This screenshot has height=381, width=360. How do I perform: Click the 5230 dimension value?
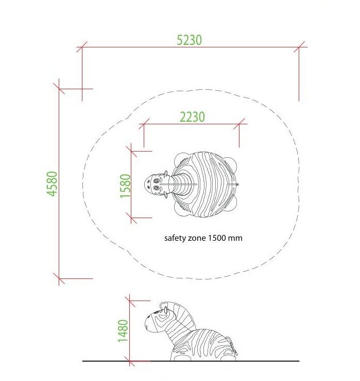coord(189,40)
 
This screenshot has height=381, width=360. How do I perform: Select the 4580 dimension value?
coord(52,184)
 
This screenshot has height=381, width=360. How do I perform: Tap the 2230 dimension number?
coord(192,117)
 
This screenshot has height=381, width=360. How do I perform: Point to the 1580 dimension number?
coord(125,186)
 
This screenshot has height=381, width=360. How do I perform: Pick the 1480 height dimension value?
coord(123,330)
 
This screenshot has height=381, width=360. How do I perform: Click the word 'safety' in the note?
coord(173,238)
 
